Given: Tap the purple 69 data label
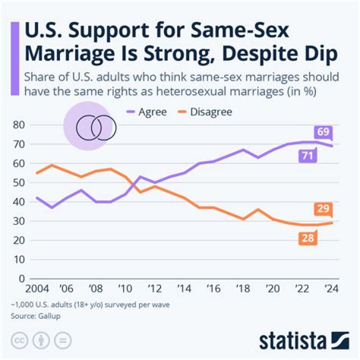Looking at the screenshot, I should (322, 132).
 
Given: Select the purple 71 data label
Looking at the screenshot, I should (307, 156).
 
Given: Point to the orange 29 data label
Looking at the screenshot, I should (322, 209).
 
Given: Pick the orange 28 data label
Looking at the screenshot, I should (307, 238).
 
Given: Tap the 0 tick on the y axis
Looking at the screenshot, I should (21, 278).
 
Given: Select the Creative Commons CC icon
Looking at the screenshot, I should (18, 340).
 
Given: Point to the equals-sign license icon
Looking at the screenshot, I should (63, 340).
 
